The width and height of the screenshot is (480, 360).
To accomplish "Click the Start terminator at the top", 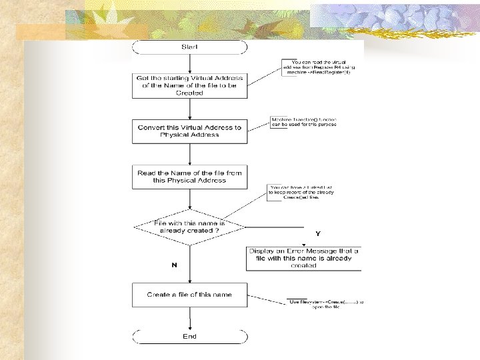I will tap(190, 47).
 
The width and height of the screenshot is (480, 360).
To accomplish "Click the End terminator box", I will tap(190, 337).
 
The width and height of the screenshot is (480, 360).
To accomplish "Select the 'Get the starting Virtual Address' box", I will tap(190, 85).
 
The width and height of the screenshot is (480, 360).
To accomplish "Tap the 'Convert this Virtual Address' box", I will tap(190, 131).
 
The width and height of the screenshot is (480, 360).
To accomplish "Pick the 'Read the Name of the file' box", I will tap(190, 176).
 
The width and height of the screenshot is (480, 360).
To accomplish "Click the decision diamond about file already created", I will tap(190, 227).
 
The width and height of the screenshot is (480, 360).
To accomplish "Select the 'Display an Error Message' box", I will tap(303, 258).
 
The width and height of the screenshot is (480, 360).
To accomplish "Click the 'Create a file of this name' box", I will tap(190, 295).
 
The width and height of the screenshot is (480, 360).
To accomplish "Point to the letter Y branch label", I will tap(318, 234).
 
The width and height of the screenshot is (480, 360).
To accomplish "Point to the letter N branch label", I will tap(174, 265).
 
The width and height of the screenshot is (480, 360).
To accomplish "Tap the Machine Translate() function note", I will tap(303, 121).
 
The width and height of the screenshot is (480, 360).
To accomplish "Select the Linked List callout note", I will tap(301, 192).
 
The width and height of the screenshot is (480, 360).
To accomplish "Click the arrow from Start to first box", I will tap(190, 63).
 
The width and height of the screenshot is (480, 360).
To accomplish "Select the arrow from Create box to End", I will tap(190, 318).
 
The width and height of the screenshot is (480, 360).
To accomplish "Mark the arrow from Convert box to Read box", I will tap(190, 153).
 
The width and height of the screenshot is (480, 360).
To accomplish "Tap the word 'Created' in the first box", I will tap(190, 93).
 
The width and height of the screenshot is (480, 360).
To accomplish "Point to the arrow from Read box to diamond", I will tap(190, 199).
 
